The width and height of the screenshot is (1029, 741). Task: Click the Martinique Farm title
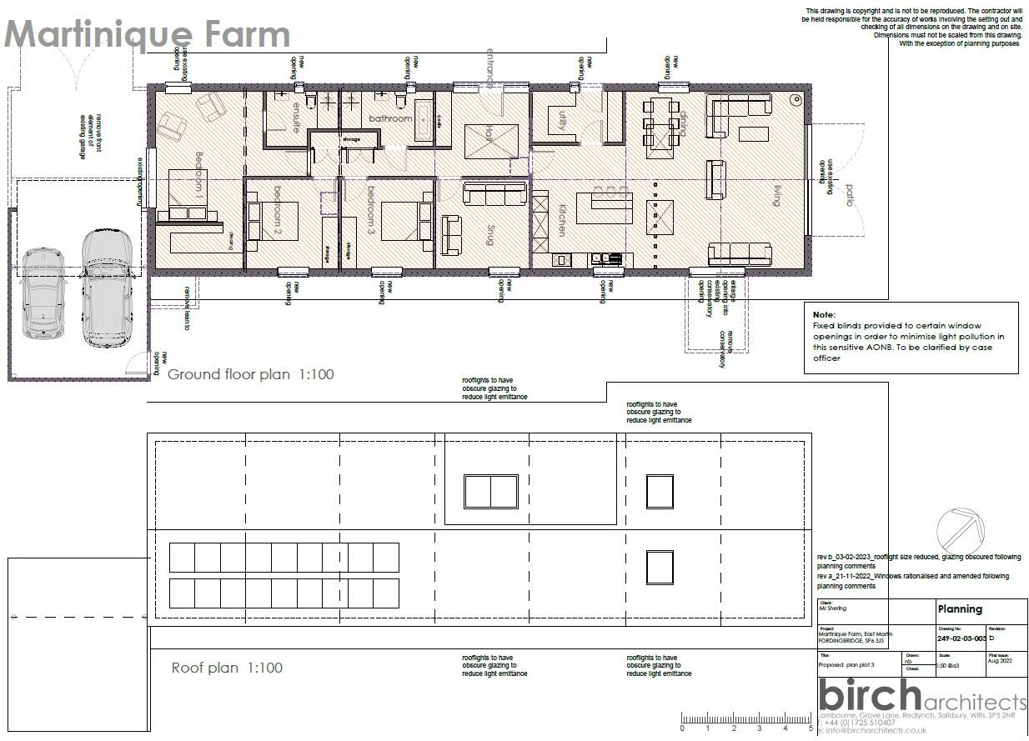[x=148, y=35]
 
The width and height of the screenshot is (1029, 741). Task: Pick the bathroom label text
[x=390, y=119]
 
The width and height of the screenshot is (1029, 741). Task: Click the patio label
[x=850, y=196]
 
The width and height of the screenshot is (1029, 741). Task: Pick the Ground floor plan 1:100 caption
[x=250, y=374]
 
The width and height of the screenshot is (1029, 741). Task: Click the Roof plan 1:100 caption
[x=227, y=668]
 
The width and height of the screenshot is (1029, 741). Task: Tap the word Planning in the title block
[x=959, y=609]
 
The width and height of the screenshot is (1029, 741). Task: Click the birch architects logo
[x=921, y=697]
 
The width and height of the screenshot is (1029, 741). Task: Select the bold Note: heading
[x=824, y=314]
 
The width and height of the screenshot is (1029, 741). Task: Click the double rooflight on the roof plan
[x=490, y=492]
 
